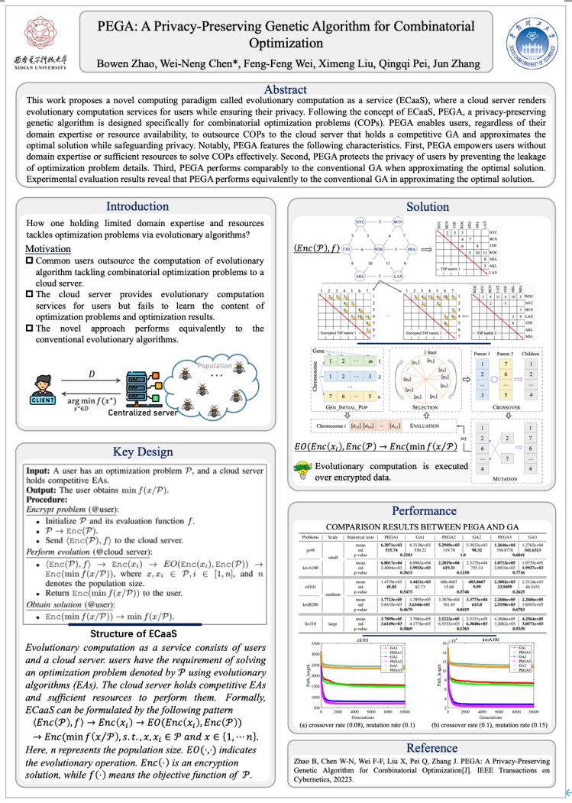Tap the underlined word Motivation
(x=49, y=250)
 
